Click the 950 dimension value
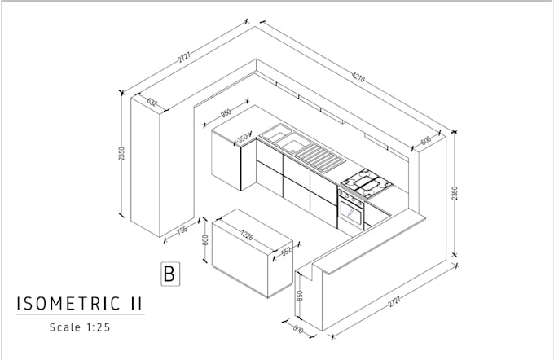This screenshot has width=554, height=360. (x=225, y=114)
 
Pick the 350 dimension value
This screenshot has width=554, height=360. (x=242, y=138)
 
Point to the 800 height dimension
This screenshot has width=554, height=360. (x=205, y=240)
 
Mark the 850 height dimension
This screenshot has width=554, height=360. (x=301, y=295)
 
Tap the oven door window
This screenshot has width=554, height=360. (x=351, y=214)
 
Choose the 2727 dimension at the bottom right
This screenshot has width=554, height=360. (x=395, y=303)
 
